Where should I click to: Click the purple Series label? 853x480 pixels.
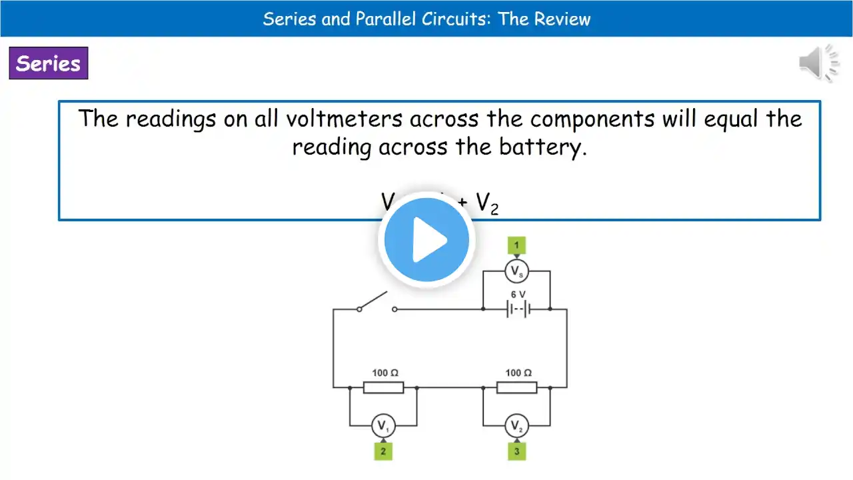point(48,63)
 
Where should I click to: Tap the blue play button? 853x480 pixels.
point(426,240)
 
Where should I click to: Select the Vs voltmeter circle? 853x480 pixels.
point(516,271)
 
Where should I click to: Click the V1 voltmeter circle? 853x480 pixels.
point(383,425)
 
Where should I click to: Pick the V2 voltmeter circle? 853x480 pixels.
point(516,425)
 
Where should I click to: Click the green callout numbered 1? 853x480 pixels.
point(516,245)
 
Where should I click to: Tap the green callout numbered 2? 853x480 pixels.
point(383,451)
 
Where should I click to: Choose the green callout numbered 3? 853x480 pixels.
point(516,451)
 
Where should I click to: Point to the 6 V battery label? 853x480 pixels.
point(518,294)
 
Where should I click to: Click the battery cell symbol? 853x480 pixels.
point(517,309)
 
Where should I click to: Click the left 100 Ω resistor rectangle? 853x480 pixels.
point(383,387)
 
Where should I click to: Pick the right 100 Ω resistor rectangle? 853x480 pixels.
point(516,387)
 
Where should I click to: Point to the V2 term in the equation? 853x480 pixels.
point(487,204)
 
